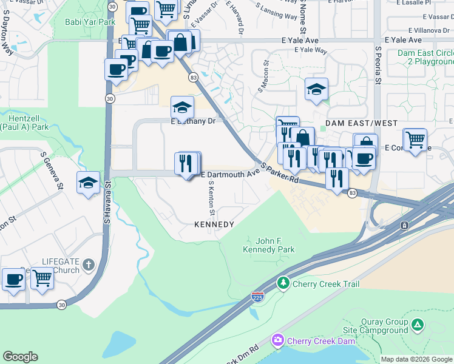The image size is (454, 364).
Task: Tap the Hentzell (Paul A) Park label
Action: pyautogui.click(x=24, y=123)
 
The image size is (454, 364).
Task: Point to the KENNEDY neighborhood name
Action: pyautogui.click(x=214, y=224)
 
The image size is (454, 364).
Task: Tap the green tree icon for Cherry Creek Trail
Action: pyautogui.click(x=283, y=283)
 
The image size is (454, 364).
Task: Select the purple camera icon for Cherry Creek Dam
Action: pyautogui.click(x=278, y=341)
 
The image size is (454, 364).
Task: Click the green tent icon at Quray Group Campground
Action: pyautogui.click(x=417, y=325)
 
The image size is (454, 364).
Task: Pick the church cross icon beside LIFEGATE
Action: pyautogui.click(x=89, y=265)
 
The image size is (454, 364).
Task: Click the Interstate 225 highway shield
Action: pyautogui.click(x=257, y=297)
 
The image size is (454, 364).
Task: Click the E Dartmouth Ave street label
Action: pyautogui.click(x=230, y=174)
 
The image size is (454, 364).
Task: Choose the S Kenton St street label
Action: pyautogui.click(x=211, y=201)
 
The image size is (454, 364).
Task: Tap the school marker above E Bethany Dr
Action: pyautogui.click(x=182, y=107)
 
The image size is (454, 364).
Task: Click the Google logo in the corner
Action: pyautogui.click(x=20, y=357)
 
